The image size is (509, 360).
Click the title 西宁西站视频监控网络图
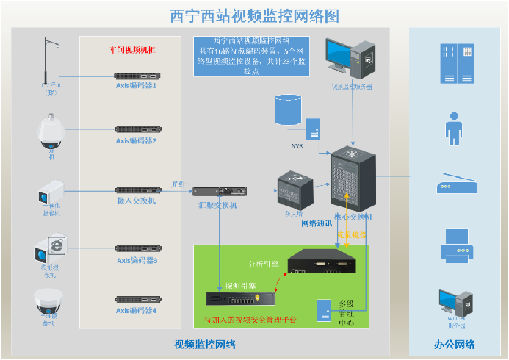coord(254,15)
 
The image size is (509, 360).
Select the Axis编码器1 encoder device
coord(137,75)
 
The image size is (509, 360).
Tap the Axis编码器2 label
coord(137,140)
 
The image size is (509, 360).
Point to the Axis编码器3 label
coord(137,260)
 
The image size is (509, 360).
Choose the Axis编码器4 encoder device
coord(137,299)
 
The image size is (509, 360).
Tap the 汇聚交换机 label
coord(219,205)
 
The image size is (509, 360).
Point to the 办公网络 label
coord(454,345)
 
